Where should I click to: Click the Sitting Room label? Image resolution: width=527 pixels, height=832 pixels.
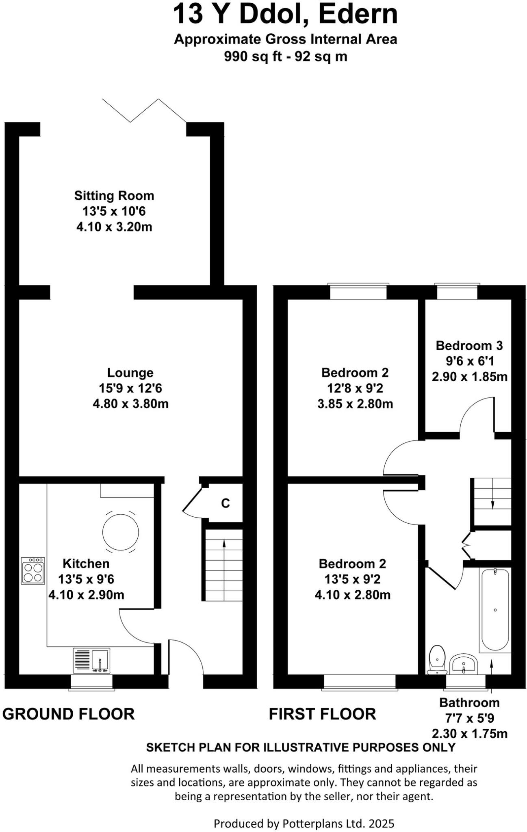(114, 195)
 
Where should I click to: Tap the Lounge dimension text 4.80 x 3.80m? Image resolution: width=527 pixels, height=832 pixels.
(130, 404)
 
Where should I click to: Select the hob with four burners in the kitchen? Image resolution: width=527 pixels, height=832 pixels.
(33, 571)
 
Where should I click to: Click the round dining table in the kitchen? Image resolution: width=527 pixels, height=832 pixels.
(121, 532)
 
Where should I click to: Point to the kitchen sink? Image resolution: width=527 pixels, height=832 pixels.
(100, 660)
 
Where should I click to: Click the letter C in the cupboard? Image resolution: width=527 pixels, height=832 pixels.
(225, 503)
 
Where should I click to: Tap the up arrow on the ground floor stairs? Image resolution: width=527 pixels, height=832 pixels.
(223, 546)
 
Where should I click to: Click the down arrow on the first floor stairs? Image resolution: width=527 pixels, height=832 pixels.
(492, 503)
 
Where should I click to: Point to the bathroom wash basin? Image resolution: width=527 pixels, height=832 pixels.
(464, 663)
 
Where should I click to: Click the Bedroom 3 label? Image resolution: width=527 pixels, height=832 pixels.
(469, 346)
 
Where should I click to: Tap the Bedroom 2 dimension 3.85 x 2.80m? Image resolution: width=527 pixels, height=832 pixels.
(355, 404)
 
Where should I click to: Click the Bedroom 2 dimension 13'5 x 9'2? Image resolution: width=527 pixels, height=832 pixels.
(352, 579)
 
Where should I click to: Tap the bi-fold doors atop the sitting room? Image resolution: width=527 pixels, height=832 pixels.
(144, 110)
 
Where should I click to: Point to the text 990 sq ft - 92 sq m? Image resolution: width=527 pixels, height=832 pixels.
(285, 56)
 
